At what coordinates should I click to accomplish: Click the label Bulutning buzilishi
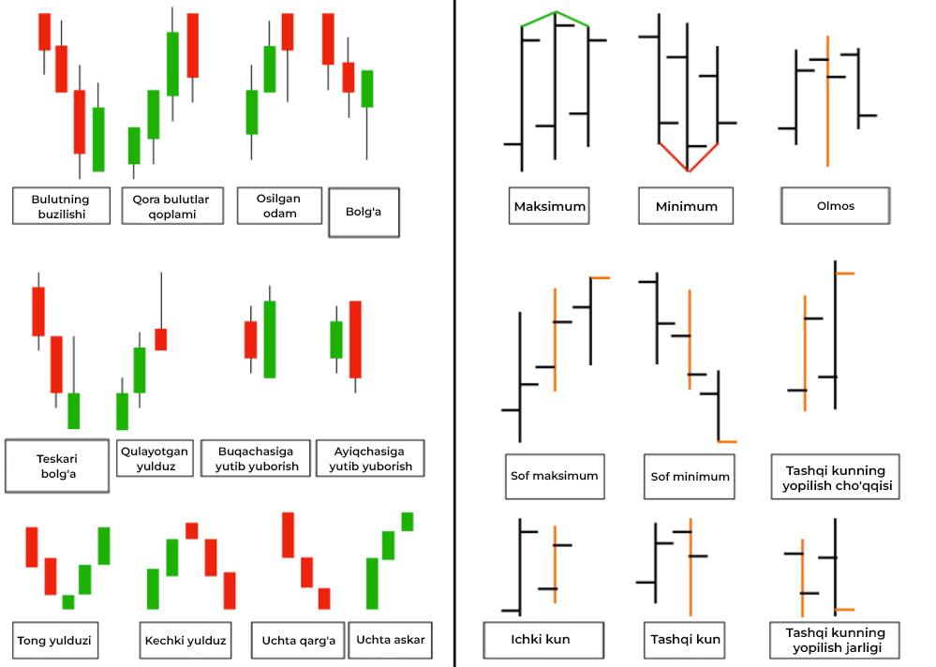[60, 205]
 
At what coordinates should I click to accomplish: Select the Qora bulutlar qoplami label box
[171, 205]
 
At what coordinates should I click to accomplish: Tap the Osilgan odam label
[279, 205]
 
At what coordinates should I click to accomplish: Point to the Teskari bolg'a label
[57, 466]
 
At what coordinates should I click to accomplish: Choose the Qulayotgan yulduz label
[155, 458]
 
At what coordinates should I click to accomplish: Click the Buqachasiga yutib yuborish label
[257, 458]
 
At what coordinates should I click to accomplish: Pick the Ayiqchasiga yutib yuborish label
[370, 458]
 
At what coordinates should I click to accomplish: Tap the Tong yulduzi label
[58, 641]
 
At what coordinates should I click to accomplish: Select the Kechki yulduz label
[186, 641]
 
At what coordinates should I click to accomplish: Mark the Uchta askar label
[391, 640]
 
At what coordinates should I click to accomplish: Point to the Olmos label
[835, 206]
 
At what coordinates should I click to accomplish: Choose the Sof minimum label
[690, 477]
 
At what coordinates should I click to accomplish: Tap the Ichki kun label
[541, 640]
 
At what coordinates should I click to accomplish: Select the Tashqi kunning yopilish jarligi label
[833, 641]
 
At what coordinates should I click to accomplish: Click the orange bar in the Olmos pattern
[827, 103]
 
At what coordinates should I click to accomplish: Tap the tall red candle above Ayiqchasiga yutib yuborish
[355, 339]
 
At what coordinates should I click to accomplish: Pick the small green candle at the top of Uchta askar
[408, 521]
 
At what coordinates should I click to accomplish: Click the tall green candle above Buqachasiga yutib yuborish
[270, 339]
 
